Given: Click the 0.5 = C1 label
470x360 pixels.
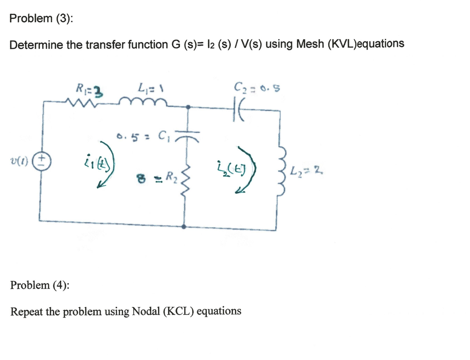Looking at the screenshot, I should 142,137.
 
